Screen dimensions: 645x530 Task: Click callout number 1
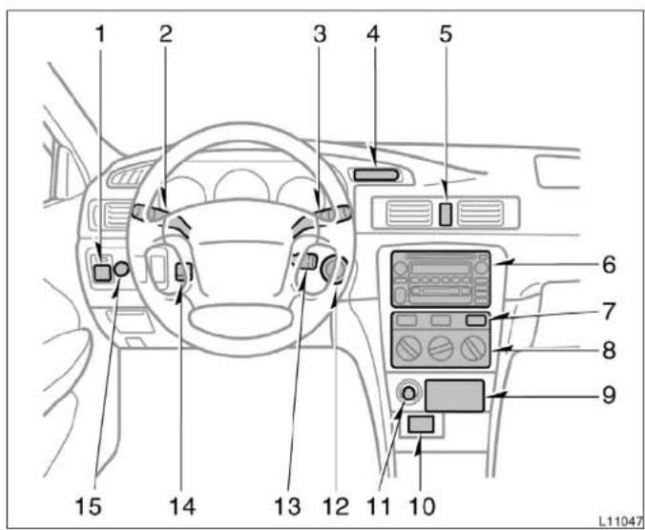coord(100,33)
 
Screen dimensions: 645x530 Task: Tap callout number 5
coord(446,33)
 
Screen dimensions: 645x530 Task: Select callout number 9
coord(609,395)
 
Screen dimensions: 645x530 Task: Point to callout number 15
coord(89,506)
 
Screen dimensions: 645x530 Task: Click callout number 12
coord(336,506)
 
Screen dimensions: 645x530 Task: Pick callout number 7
coord(609,311)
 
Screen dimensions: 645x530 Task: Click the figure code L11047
coord(621,521)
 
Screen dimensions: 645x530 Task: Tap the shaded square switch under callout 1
coord(102,273)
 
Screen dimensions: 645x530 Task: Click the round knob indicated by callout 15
coord(121,269)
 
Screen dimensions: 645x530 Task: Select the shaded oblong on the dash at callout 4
coord(376,175)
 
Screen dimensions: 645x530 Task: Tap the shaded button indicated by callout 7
coord(476,320)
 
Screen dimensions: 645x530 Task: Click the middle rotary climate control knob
coord(441,348)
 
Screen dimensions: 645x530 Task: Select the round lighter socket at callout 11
coord(409,394)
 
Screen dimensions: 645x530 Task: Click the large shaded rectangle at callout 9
coord(454,396)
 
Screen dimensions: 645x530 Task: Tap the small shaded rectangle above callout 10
coord(421,424)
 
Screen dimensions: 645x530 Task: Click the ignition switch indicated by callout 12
coord(335,269)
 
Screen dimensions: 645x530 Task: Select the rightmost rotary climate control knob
coord(474,348)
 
